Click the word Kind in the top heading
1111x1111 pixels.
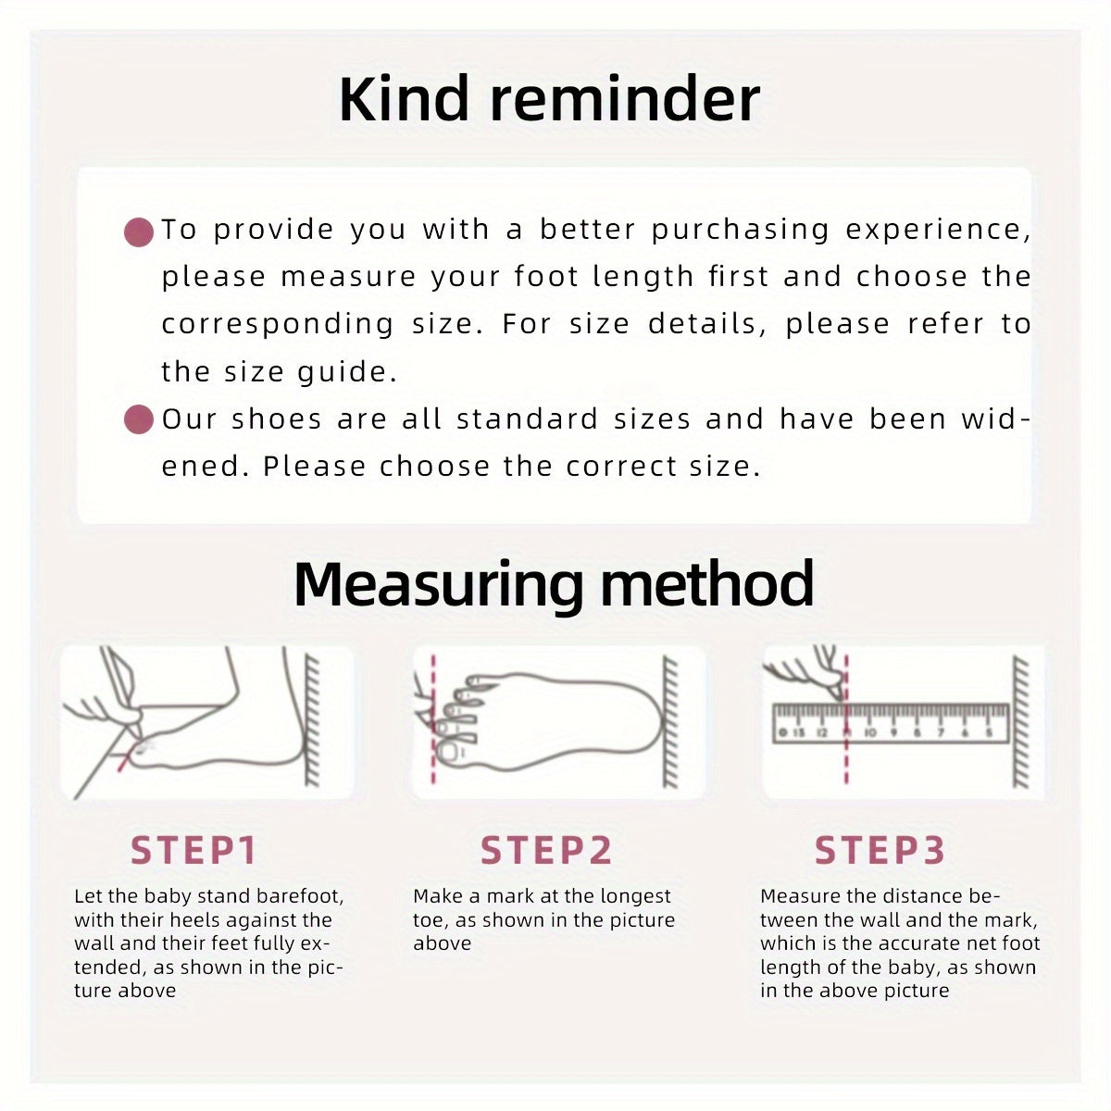pos(404,99)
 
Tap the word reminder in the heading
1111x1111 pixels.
pos(625,99)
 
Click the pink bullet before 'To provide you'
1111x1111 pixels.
pos(139,232)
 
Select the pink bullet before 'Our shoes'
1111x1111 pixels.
pos(139,419)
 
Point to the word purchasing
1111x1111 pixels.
pos(741,231)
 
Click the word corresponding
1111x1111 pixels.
pos(278,325)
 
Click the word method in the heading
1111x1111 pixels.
pos(707,583)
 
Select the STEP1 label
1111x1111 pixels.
pos(193,851)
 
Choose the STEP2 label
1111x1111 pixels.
pos(546,851)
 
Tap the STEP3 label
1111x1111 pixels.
pos(880,851)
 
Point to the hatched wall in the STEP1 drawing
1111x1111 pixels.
pos(312,720)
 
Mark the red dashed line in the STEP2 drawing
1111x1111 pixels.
pos(433,719)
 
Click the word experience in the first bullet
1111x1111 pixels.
pos(938,231)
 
